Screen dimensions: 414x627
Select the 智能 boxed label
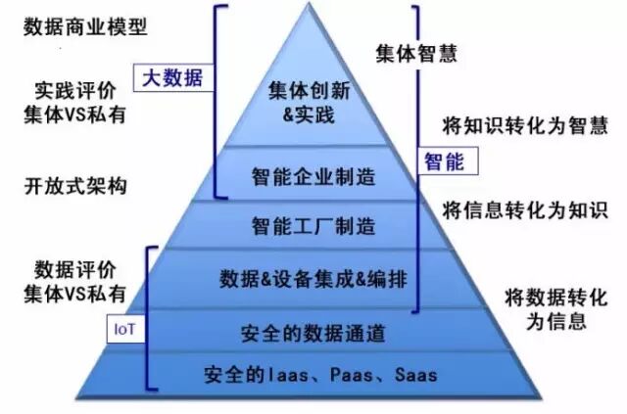[x=445, y=160]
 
